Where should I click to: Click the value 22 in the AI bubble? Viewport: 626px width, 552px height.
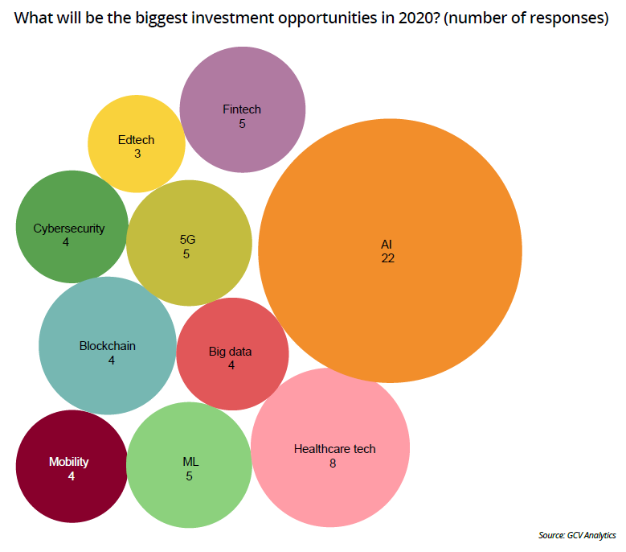click(x=388, y=258)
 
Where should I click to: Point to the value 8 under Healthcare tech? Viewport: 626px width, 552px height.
click(x=332, y=463)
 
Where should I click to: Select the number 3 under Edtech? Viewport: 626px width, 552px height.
click(x=137, y=154)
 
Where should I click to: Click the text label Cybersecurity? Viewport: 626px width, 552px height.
click(x=69, y=228)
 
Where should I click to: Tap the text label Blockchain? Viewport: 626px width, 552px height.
click(x=108, y=346)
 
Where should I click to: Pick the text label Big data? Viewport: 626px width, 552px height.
click(x=231, y=351)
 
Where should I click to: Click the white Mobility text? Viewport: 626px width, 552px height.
click(x=69, y=462)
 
